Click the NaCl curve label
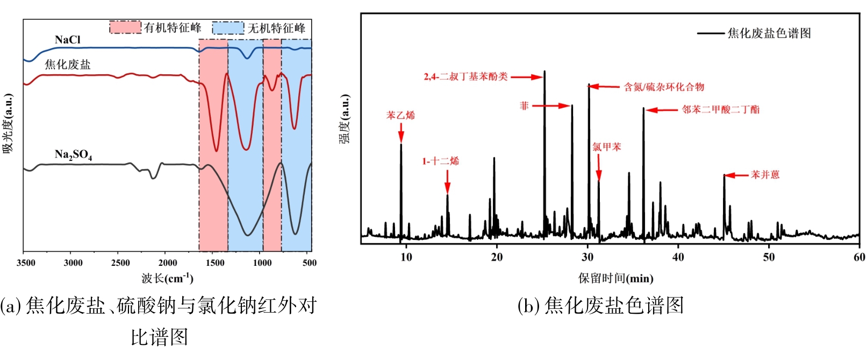68,40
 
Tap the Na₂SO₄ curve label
73,155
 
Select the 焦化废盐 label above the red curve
68,65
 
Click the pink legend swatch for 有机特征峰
125,27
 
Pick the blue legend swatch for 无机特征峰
228,28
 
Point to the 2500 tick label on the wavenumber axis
120,263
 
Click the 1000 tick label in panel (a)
262,263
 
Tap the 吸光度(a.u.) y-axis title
8,124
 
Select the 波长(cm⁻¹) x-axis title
167,278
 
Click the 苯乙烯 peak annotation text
400,115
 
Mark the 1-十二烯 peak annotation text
440,161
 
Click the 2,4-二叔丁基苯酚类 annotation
465,76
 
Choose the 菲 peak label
524,105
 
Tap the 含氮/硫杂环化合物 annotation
664,87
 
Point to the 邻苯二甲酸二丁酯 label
721,109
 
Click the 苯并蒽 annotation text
765,175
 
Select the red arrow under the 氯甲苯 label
599,167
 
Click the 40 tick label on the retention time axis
678,257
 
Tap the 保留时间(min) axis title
615,278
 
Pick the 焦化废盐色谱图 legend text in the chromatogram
769,33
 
